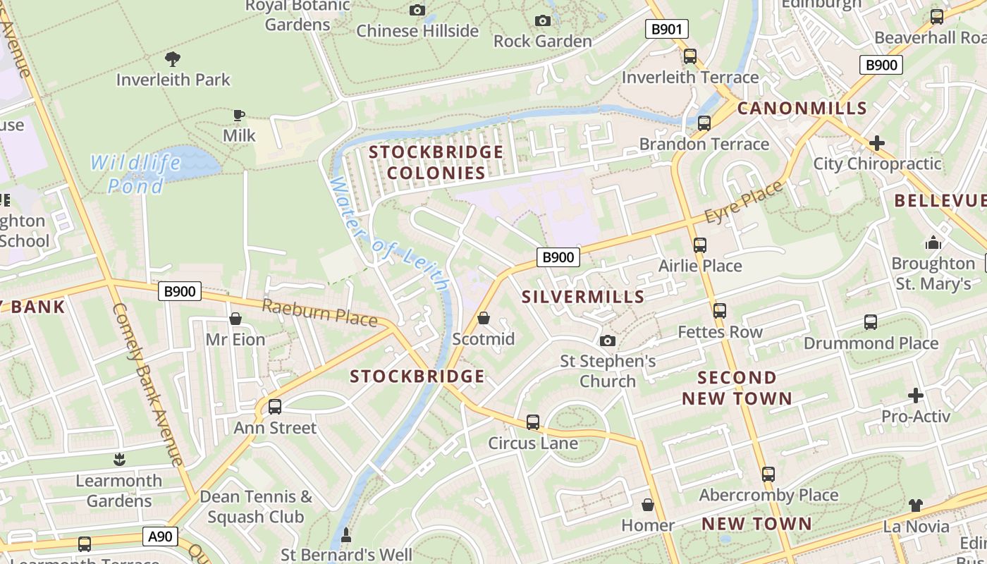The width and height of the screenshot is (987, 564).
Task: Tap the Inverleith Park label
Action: pos(173,80)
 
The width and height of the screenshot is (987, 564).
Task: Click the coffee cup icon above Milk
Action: pos(239,115)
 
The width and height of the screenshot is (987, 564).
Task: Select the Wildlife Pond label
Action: pos(136,174)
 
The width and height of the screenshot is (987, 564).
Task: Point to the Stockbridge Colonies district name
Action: pos(436,162)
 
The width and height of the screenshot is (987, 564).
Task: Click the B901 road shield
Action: pos(666,29)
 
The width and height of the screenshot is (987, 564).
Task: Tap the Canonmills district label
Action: pos(802,108)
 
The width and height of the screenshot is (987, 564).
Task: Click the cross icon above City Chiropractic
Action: pos(876,143)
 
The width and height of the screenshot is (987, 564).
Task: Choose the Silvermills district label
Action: pos(583,297)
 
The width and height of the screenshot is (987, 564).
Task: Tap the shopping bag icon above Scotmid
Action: pos(484,318)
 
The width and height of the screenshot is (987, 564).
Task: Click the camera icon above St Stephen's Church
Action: pos(607,341)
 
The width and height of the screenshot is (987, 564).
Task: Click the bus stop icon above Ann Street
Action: pos(275,407)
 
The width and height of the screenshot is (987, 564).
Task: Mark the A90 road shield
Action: pos(159,537)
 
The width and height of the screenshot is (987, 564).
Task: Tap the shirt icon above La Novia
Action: pos(915,505)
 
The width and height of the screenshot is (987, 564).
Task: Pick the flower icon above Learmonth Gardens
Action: pos(118,460)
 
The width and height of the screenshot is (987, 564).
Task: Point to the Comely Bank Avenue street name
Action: pos(147,384)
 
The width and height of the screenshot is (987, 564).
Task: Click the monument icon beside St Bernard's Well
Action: pos(345,536)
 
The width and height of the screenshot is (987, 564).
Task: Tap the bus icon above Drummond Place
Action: pos(871,322)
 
